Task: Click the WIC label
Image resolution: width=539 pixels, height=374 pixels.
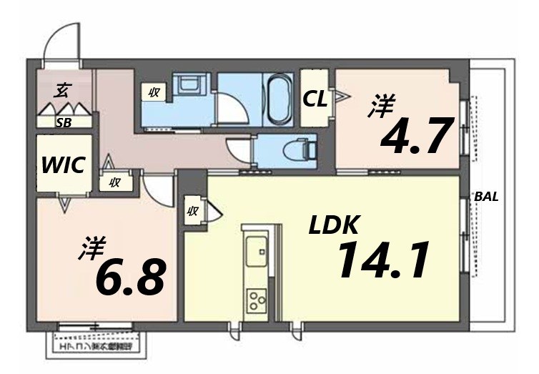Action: [x=64, y=165]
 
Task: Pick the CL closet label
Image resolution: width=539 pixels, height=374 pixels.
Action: [x=315, y=99]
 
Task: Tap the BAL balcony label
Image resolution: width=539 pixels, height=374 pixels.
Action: [x=487, y=197]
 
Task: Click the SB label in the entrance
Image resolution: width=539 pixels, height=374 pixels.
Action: [x=64, y=122]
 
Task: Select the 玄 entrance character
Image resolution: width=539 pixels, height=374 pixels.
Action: [x=63, y=90]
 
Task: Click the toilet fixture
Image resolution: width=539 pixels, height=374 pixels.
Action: [x=299, y=149]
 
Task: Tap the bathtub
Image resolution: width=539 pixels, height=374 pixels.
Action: [x=277, y=98]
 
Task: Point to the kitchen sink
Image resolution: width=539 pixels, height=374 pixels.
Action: [x=256, y=251]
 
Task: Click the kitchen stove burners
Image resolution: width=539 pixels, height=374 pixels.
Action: [x=256, y=301]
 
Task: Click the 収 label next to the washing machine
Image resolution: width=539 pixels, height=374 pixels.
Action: [x=154, y=92]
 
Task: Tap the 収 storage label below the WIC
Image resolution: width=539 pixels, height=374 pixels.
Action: [x=114, y=182]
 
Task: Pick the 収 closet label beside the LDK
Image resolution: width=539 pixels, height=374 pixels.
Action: [x=192, y=210]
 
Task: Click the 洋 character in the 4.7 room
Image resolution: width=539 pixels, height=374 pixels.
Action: [x=381, y=107]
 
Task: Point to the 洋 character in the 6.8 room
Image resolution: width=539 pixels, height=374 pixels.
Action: [x=92, y=250]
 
